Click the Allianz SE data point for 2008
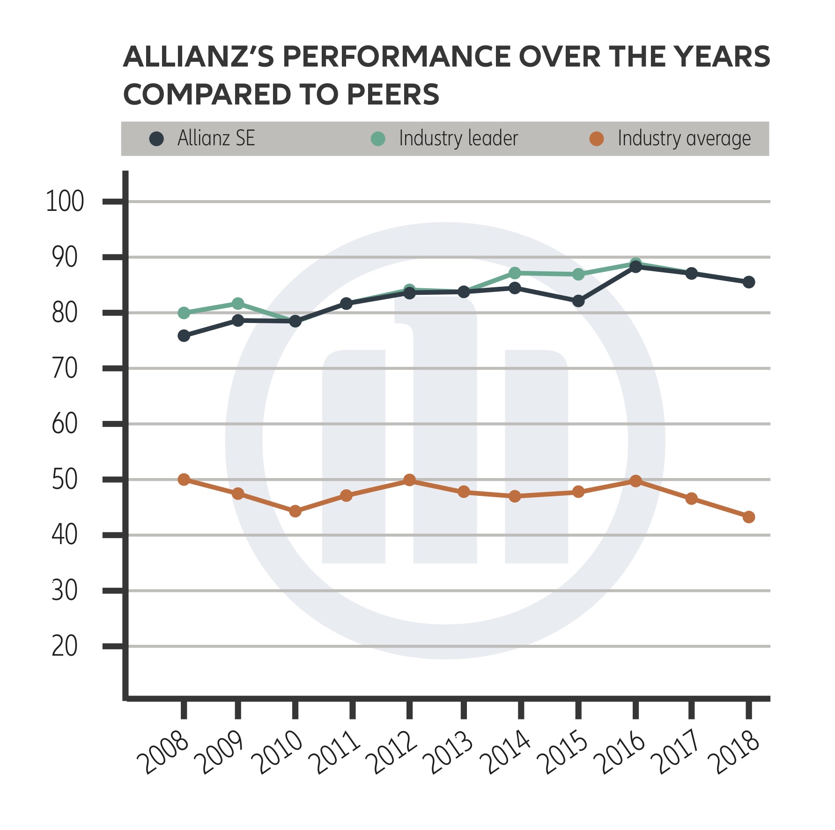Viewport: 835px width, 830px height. click(x=184, y=336)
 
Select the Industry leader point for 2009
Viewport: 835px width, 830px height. click(x=238, y=304)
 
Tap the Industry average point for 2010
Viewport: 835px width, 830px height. click(x=295, y=511)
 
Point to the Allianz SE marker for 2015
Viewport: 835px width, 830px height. click(x=578, y=301)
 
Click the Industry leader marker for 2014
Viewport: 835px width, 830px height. click(x=515, y=273)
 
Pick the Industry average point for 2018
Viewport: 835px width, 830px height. click(x=749, y=517)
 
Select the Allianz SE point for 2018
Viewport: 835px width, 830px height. click(x=749, y=282)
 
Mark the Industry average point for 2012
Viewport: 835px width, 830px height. click(x=409, y=480)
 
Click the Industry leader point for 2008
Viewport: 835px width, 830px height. click(x=184, y=313)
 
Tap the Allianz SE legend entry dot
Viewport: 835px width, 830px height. click(x=156, y=139)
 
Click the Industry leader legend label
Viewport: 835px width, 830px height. click(x=458, y=139)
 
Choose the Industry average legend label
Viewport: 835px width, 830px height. click(x=684, y=139)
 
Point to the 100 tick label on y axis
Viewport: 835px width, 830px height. click(x=65, y=202)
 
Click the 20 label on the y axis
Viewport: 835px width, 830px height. click(x=65, y=646)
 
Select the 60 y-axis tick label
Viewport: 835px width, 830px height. click(x=65, y=424)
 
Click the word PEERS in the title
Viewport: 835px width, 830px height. click(x=393, y=95)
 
